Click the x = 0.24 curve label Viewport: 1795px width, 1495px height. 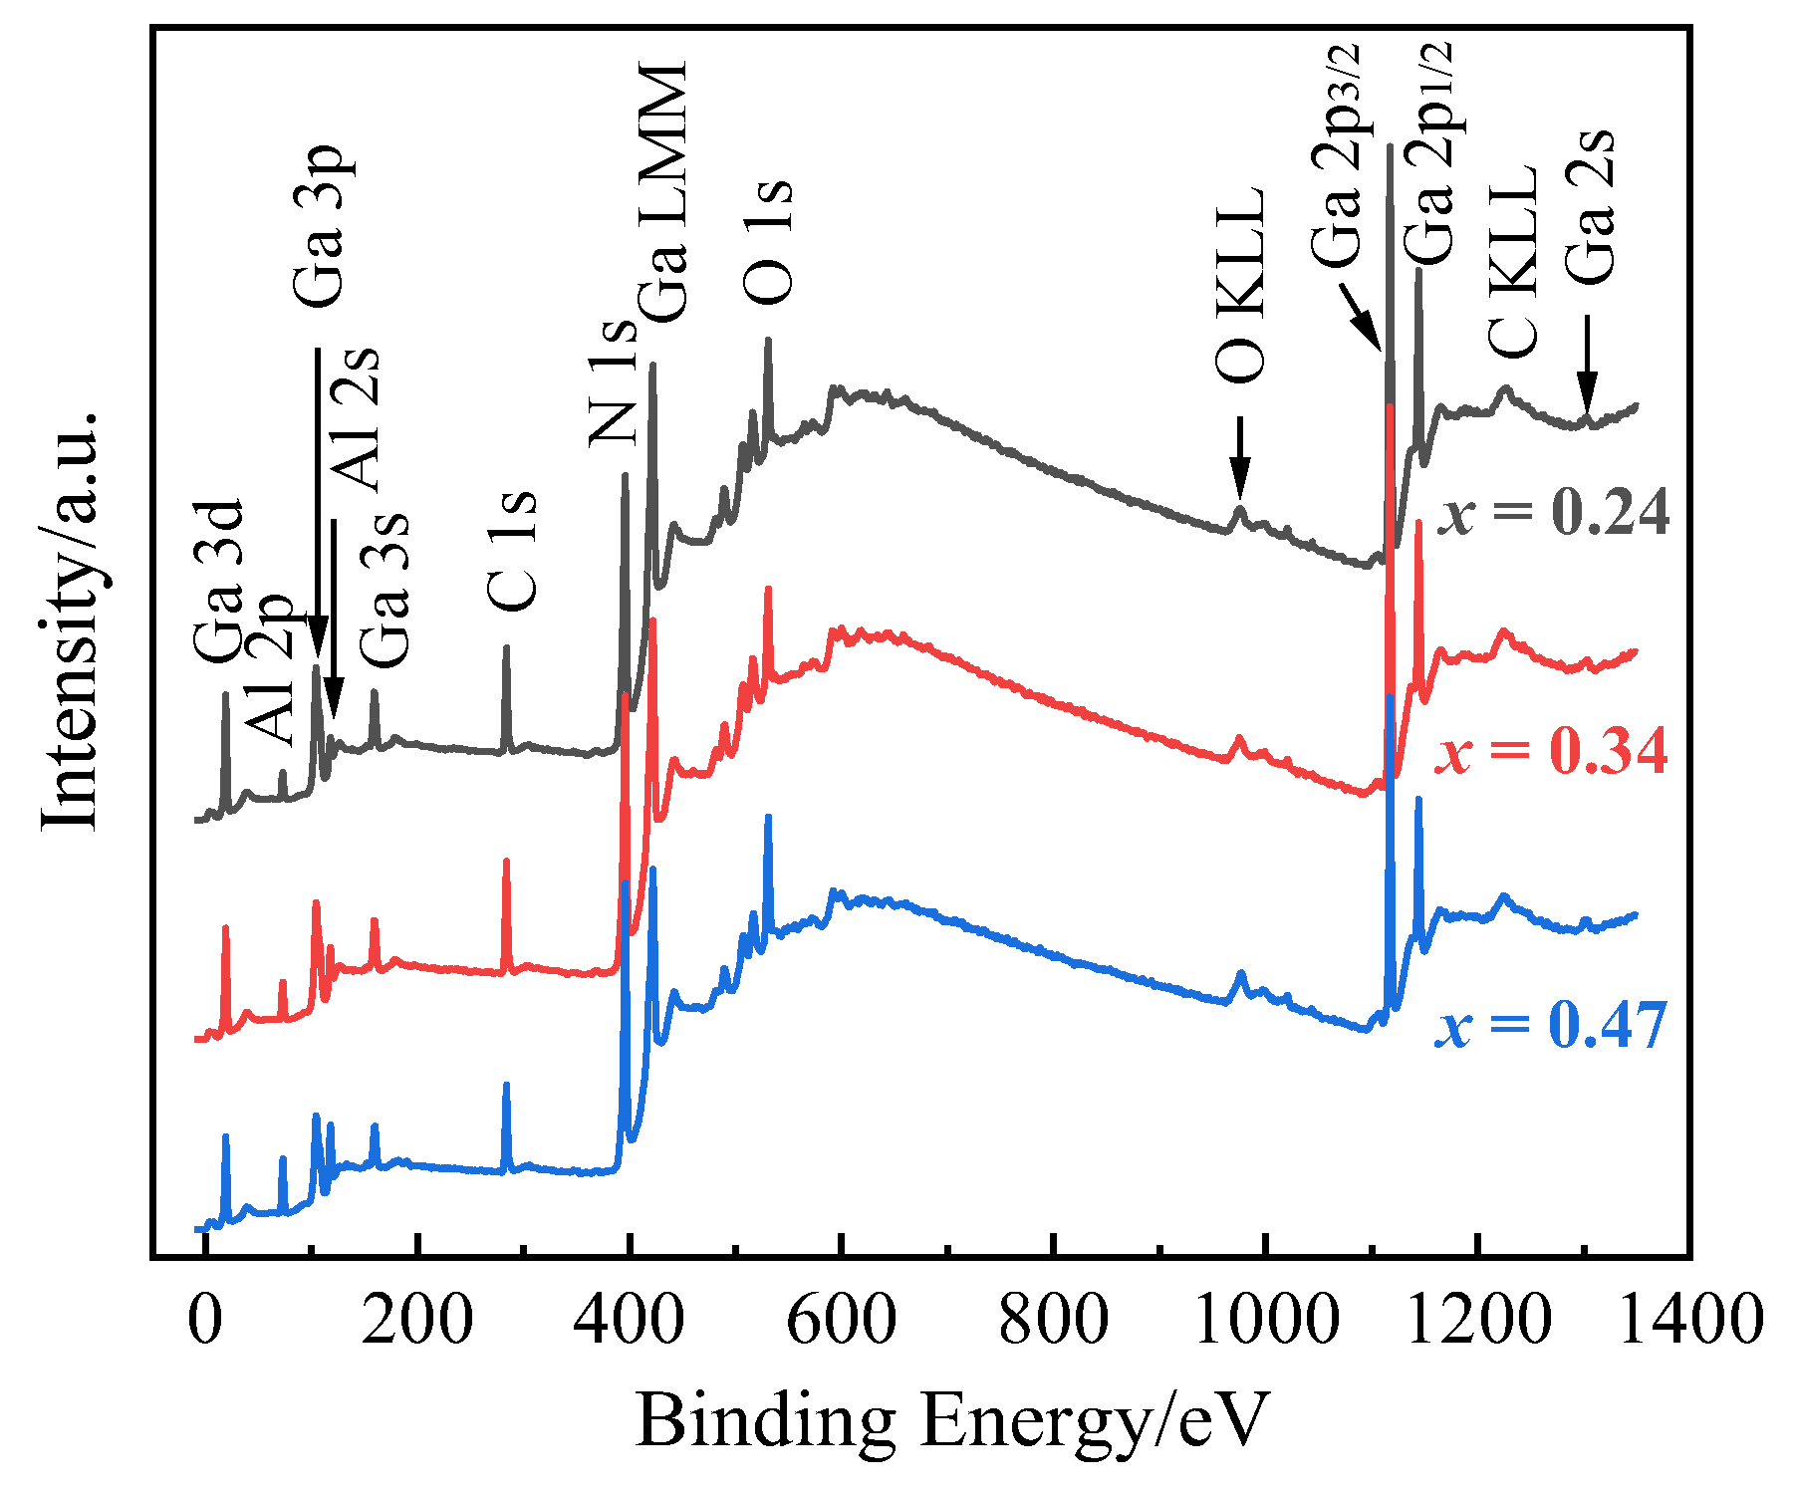tap(1553, 514)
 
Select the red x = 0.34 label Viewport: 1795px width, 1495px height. tap(1551, 752)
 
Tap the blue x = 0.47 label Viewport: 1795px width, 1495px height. tap(1551, 1026)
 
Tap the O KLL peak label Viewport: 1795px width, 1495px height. tap(1240, 286)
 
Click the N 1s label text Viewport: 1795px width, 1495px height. tap(612, 382)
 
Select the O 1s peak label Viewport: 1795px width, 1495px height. tap(768, 242)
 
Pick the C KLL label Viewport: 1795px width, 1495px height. tap(1513, 261)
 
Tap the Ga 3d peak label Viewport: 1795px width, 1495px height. tap(218, 582)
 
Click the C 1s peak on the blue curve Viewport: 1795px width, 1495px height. tap(506, 1088)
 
